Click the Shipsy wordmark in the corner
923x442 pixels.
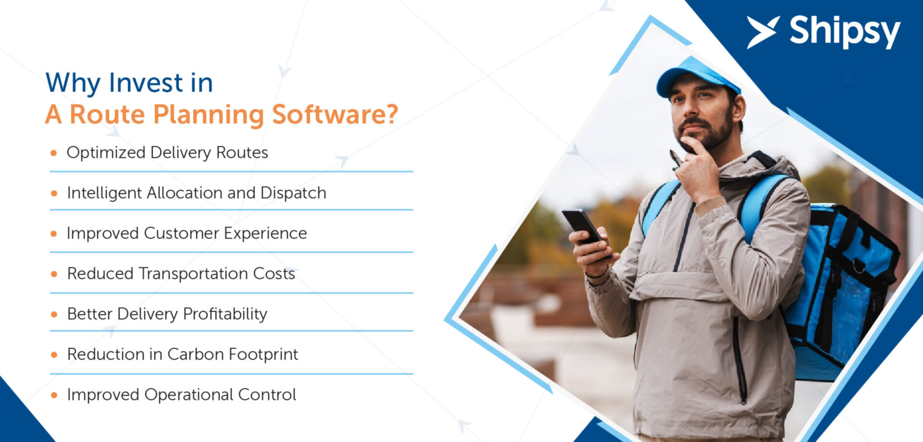click(845, 32)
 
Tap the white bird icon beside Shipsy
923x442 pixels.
click(763, 32)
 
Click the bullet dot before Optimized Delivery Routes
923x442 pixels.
click(54, 153)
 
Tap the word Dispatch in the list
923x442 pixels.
click(293, 193)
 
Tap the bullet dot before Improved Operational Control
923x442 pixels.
click(54, 395)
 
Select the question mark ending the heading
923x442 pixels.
click(391, 114)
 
